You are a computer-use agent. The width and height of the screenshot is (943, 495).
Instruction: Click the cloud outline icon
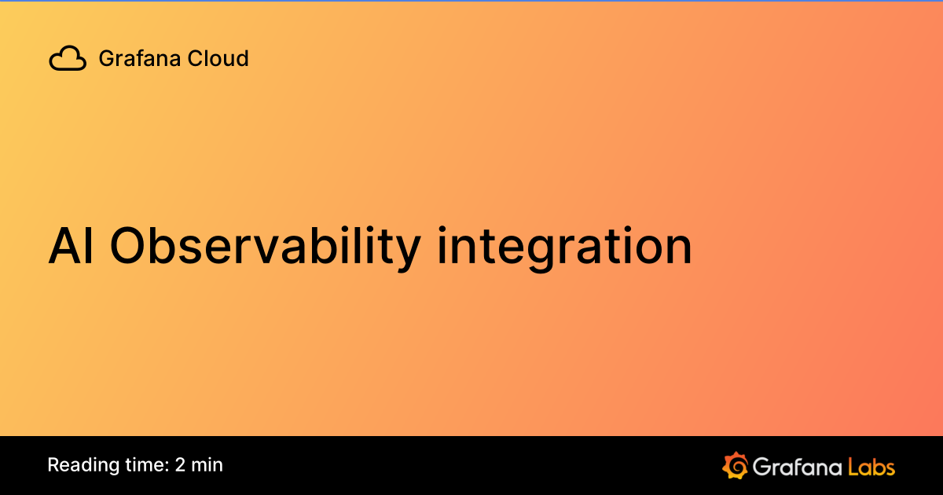pos(68,58)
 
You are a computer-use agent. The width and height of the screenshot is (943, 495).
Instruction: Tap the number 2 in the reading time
pos(180,464)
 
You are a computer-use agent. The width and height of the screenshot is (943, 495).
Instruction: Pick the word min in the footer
pos(207,464)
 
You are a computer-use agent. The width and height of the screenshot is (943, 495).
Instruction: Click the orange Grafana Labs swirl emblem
pos(735,465)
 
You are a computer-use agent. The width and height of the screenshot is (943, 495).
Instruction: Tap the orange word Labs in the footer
pos(871,466)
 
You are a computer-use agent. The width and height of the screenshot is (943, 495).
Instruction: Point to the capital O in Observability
pos(127,246)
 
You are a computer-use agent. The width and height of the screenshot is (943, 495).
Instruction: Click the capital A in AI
pos(62,246)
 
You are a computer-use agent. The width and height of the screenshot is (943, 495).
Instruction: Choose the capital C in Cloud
pos(195,58)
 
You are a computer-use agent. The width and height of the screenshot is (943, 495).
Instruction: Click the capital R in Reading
pos(53,464)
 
